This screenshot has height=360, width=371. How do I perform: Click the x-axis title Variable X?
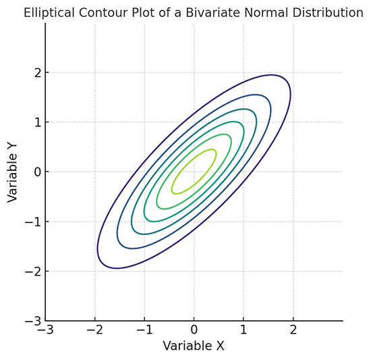(x=194, y=346)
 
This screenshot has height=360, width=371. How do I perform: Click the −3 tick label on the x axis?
(x=45, y=330)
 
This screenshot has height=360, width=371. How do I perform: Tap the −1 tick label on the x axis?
(x=144, y=330)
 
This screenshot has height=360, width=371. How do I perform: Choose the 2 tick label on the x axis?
(x=293, y=330)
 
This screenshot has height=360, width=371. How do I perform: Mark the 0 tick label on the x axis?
(x=194, y=330)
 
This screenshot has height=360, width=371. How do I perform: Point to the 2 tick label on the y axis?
(x=36, y=72)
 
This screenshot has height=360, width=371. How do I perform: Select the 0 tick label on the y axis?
(x=36, y=172)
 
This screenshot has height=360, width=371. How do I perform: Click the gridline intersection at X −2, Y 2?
(x=95, y=72)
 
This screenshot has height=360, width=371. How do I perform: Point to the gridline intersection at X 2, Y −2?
(x=293, y=271)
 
